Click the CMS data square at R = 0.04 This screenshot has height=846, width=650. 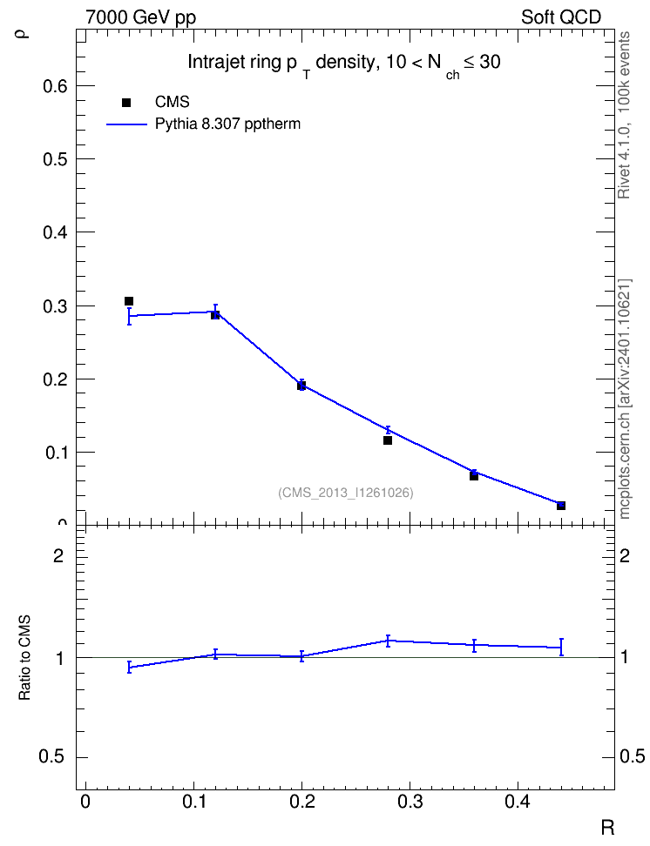pos(129,301)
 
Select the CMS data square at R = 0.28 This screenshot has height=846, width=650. pos(388,440)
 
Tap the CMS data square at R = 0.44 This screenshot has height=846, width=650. pos(561,506)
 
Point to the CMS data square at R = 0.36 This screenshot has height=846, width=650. pos(474,476)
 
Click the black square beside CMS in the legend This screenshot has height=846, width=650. pos(126,103)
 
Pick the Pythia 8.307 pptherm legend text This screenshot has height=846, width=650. pos(227,124)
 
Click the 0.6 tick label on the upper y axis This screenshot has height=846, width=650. pos(55,86)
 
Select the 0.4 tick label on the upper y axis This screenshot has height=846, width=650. pos(55,232)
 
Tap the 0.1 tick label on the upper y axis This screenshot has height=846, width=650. pos(55,453)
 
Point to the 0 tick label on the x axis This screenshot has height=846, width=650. pos(85,802)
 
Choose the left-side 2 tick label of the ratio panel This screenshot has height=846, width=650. pos(58,555)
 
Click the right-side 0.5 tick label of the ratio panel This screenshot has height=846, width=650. pos(632,757)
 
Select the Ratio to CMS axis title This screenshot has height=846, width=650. pos(24,657)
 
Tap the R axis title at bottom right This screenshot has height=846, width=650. pos(607,827)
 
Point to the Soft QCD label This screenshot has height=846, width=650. pos(561,17)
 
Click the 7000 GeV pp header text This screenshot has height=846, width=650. pos(140,17)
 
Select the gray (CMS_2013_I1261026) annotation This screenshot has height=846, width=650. pos(346,493)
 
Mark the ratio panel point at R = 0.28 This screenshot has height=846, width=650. pos(388,641)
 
